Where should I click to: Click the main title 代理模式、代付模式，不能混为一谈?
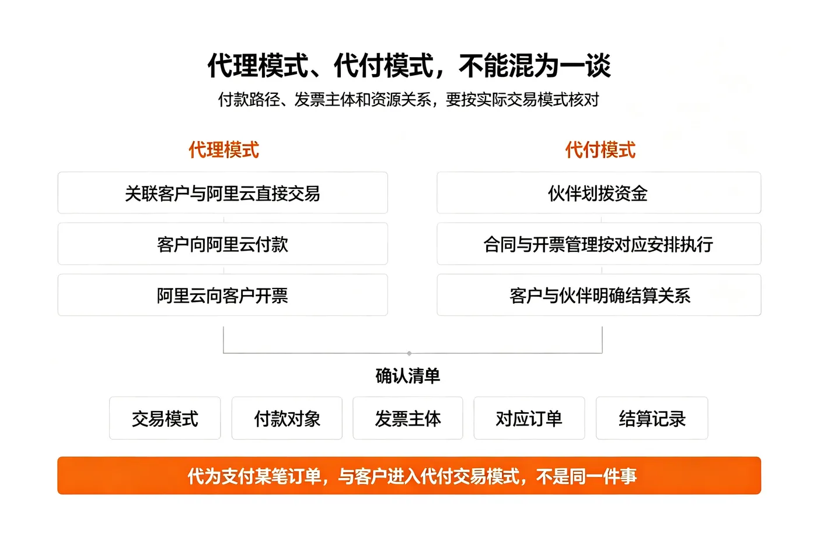tap(409, 65)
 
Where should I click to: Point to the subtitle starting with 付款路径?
tap(408, 100)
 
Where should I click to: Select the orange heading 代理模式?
tap(224, 150)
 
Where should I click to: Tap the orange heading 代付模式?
tap(600, 150)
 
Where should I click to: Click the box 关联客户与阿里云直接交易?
tap(222, 193)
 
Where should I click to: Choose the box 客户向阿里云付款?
tap(222, 244)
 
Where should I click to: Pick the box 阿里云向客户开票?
tap(222, 295)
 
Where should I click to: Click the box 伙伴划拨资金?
tap(599, 193)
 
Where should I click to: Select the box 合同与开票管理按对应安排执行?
tap(599, 244)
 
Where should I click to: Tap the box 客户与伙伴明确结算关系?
tap(599, 295)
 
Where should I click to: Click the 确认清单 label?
tap(408, 375)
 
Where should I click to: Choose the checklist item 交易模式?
tap(165, 418)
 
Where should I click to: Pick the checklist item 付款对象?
tap(287, 418)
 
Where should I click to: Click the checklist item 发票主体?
tap(408, 418)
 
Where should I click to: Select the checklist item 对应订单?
tap(529, 418)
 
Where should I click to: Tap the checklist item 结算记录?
tap(652, 418)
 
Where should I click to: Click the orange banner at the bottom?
tap(409, 476)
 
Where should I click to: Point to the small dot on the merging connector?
tap(409, 353)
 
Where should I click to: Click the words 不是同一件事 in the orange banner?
tap(586, 476)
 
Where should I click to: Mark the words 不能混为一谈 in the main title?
tap(535, 65)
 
